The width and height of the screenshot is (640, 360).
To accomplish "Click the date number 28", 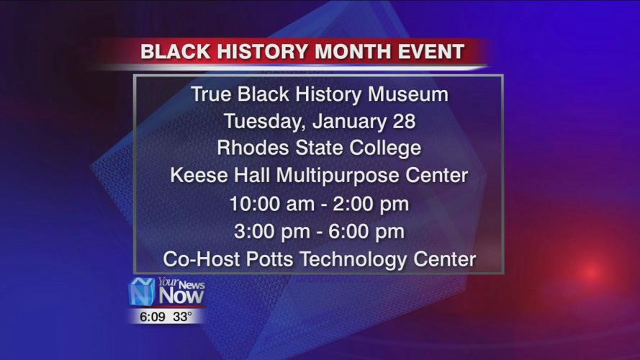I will tap(404, 122).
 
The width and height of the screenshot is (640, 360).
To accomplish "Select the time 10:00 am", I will tap(269, 204).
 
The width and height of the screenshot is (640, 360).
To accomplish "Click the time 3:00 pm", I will tap(273, 232).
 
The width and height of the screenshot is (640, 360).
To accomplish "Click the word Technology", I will tap(353, 259).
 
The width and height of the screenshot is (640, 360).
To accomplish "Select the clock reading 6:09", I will tap(148, 315).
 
